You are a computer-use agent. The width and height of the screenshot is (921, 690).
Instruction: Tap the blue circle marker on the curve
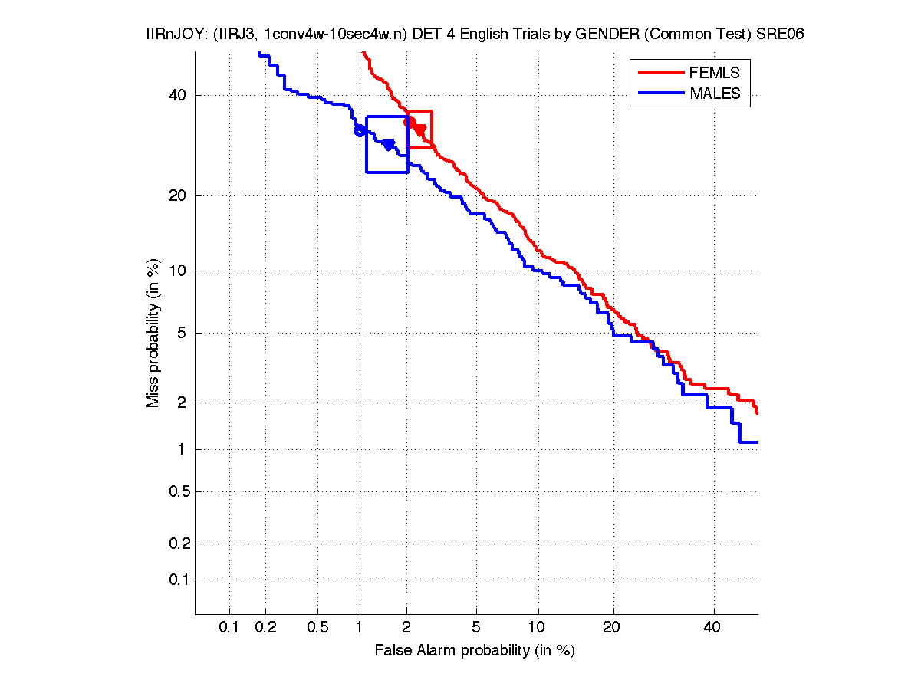[360, 130]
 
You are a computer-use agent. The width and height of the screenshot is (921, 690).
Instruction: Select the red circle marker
[410, 122]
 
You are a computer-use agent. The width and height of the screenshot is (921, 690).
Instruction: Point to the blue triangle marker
[388, 145]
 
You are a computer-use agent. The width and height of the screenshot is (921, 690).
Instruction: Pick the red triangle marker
[419, 130]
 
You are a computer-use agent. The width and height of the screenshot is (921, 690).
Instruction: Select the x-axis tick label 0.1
[229, 628]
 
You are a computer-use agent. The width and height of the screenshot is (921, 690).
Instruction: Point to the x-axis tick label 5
[476, 628]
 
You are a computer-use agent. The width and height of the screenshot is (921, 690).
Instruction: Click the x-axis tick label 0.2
[266, 628]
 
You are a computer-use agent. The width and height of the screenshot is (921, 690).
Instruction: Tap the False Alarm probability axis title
[475, 651]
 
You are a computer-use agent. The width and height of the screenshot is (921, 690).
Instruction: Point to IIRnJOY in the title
[171, 35]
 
